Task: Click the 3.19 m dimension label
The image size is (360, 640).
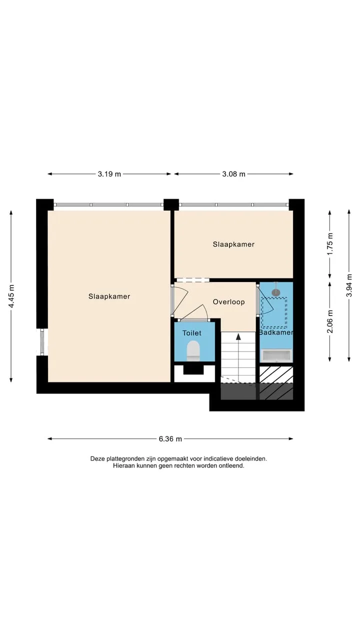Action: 109,174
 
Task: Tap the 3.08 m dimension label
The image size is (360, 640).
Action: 233,174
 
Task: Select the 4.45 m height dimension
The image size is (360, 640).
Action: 11,296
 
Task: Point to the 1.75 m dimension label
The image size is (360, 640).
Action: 330,244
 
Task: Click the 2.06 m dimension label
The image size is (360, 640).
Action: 330,321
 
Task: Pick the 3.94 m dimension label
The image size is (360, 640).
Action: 349,285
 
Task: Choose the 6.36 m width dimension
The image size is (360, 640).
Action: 170,439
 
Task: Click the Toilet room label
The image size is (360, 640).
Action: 192,333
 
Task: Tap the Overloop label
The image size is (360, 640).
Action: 229,302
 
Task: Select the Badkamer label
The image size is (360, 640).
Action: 276,332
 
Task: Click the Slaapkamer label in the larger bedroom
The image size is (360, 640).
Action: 109,296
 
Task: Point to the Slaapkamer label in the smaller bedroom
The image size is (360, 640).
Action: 233,244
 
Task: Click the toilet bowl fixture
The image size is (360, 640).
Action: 193,350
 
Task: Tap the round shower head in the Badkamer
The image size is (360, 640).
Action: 276,292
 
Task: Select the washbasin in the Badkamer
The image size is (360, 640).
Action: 277,355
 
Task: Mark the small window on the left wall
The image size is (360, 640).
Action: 42,342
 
